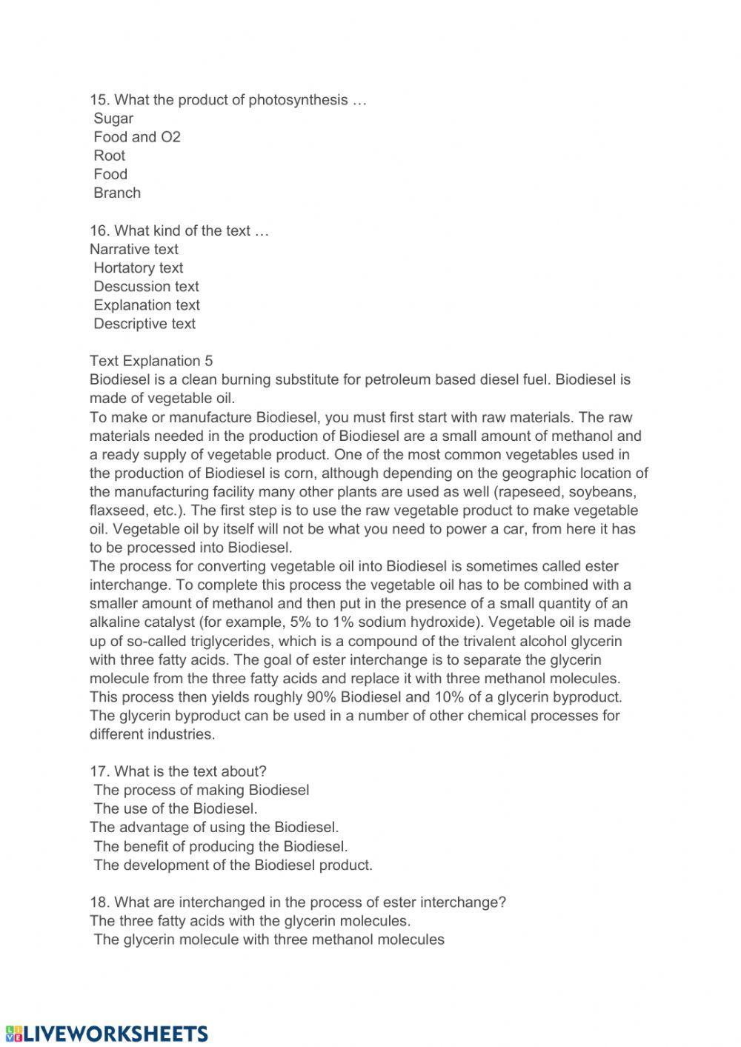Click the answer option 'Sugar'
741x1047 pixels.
tap(113, 119)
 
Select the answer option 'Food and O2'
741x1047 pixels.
tap(137, 137)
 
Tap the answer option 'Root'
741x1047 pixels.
tap(110, 156)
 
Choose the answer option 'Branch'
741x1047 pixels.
tap(117, 193)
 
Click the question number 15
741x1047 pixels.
tap(99, 100)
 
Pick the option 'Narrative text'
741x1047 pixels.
tap(134, 250)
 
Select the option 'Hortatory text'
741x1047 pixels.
tap(138, 268)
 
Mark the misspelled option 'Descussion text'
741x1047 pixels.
tap(146, 287)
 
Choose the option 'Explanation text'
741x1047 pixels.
tap(147, 305)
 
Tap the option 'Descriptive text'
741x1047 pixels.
tap(144, 324)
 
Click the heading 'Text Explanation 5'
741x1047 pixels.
tap(151, 361)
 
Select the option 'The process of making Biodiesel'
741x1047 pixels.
tap(202, 790)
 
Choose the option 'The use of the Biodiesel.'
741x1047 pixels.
tap(176, 808)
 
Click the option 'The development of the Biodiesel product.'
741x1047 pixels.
tap(233, 865)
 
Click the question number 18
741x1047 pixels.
tap(99, 903)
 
